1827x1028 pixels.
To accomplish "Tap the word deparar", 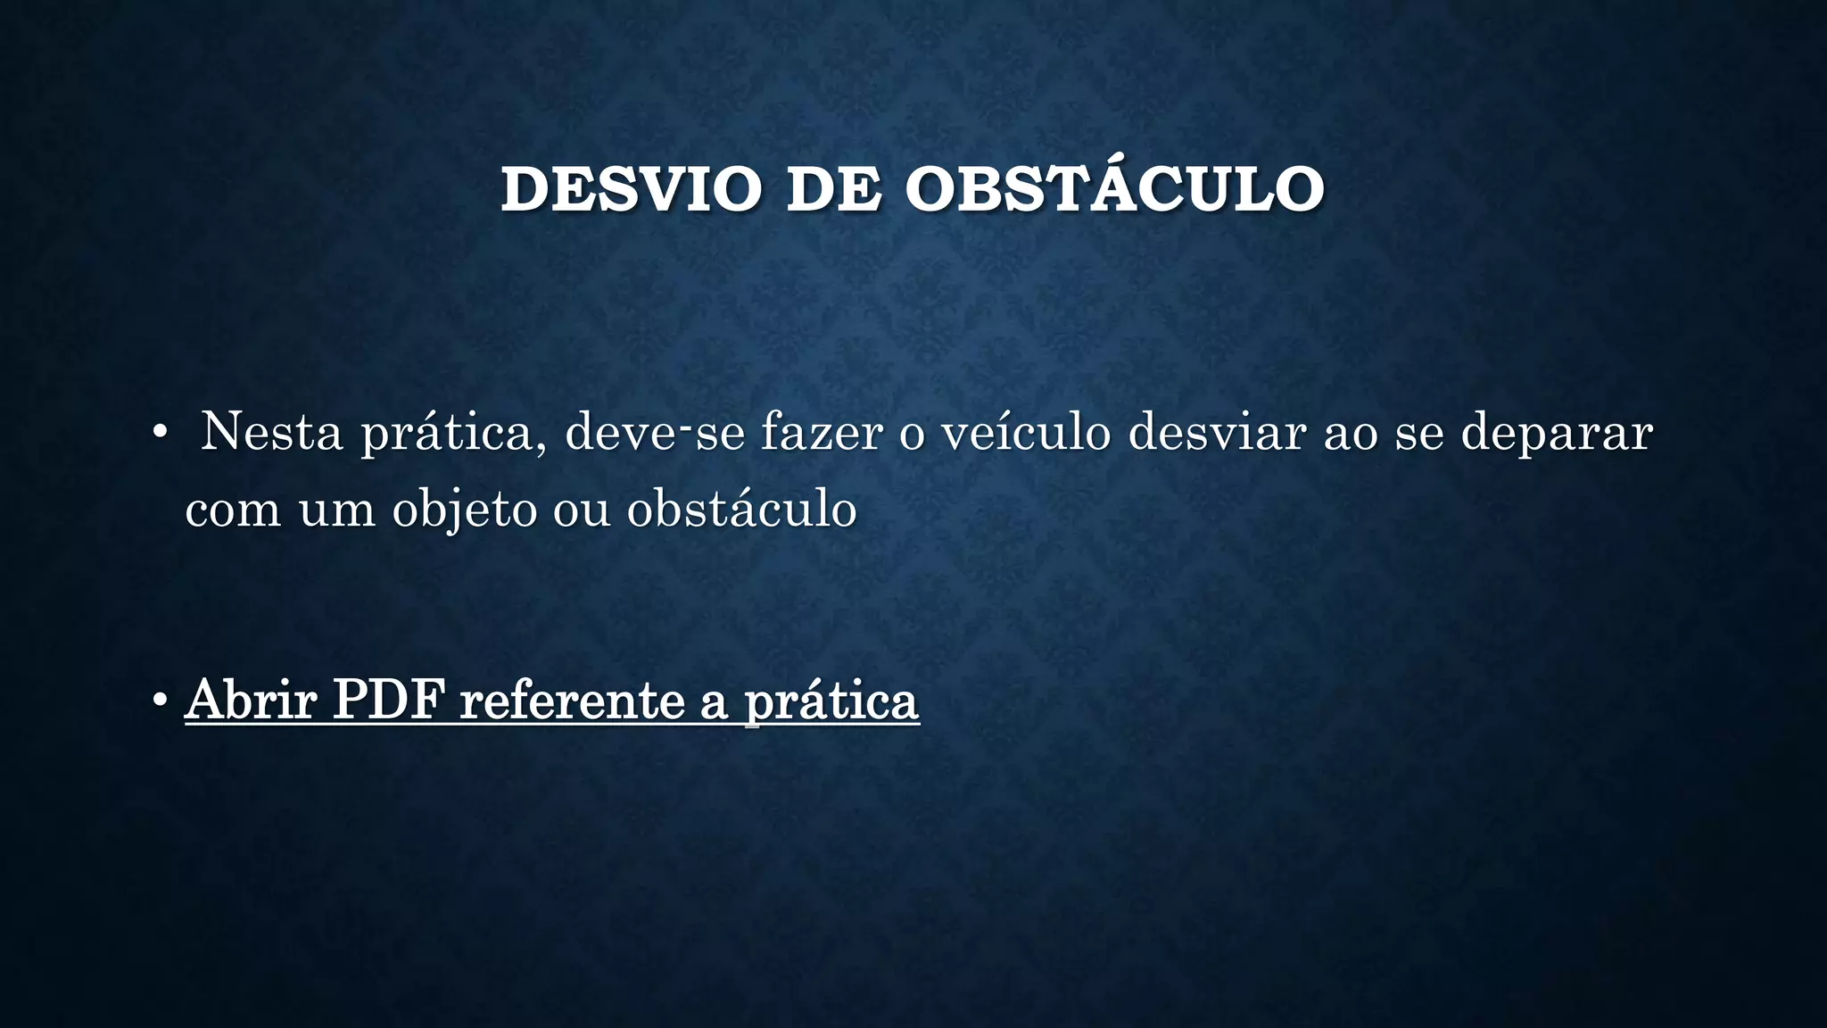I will coord(1557,434).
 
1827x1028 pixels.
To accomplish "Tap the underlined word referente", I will coord(571,701).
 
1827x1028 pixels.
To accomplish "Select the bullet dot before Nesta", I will coord(160,433).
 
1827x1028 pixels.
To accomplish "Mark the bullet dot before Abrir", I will coord(160,701).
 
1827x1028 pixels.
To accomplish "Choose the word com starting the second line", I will coord(233,510).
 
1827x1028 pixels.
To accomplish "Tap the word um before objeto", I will coord(337,510).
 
